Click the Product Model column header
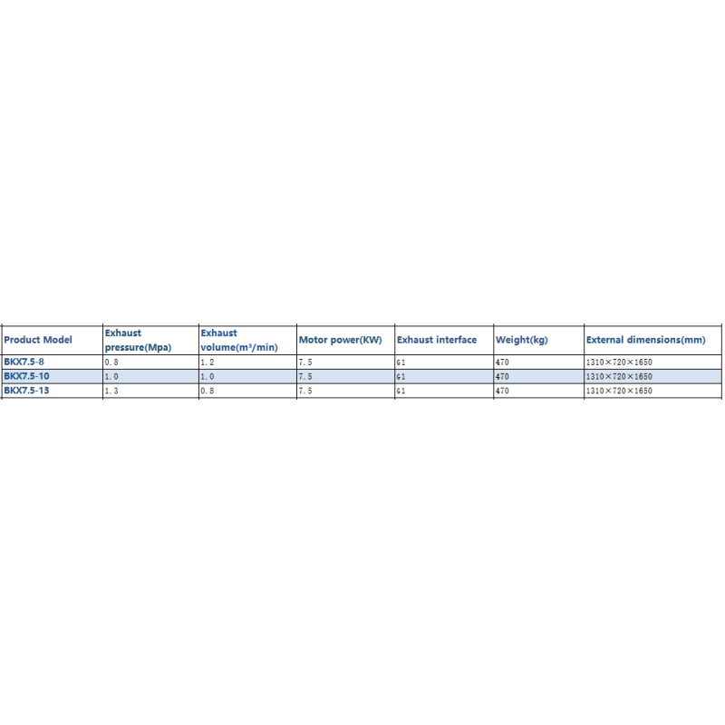pos(38,340)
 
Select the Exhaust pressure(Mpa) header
pos(138,340)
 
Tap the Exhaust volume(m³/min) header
pos(239,340)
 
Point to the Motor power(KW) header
pos(341,340)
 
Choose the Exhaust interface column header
pos(437,340)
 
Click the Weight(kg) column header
pos(522,340)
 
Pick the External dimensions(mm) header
pos(646,340)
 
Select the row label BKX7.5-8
pos(24,362)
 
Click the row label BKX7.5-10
pos(26,376)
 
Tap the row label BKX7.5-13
pos(26,391)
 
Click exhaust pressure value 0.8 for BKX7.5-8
pos(111,362)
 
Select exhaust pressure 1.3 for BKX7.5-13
pos(111,391)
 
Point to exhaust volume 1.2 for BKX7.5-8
pos(208,362)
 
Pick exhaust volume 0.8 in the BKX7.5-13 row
pos(208,391)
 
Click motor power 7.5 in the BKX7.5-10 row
pos(305,377)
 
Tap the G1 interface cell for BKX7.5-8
pos(401,362)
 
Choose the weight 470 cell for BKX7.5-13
pos(502,391)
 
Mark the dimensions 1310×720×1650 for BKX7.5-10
pos(619,377)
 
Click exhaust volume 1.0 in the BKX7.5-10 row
pos(208,377)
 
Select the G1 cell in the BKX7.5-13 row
pos(401,391)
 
